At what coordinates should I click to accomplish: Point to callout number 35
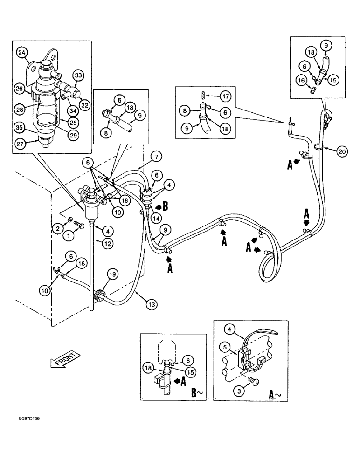point(19,126)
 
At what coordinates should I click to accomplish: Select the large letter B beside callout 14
point(166,206)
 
